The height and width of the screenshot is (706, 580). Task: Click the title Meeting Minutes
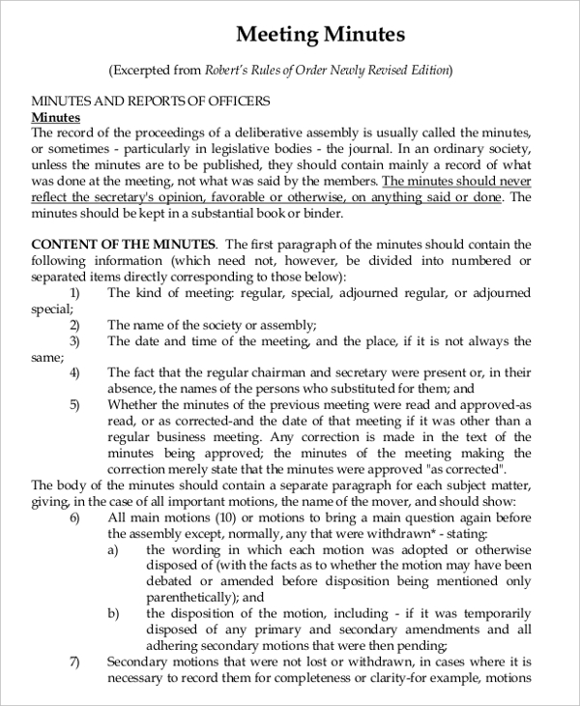pos(320,35)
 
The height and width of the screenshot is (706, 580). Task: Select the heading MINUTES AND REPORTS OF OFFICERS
pos(151,101)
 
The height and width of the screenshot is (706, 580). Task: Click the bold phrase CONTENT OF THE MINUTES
pos(124,244)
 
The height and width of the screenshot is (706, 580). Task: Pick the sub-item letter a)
pos(113,548)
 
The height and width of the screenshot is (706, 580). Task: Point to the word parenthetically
pos(191,597)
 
